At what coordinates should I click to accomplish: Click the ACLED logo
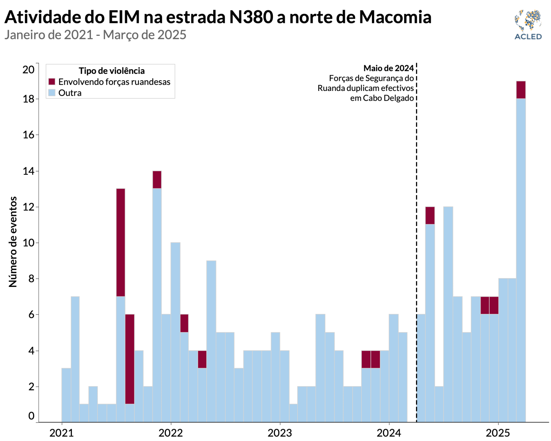click(528, 24)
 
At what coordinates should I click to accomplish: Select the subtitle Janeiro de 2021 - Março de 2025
click(95, 35)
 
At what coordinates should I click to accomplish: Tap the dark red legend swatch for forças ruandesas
click(52, 81)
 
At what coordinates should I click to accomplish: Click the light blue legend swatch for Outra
click(52, 92)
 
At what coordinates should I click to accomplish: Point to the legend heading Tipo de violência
click(111, 71)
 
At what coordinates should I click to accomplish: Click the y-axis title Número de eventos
click(13, 242)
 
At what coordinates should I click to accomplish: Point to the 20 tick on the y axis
click(28, 70)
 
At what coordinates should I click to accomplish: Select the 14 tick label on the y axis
click(28, 171)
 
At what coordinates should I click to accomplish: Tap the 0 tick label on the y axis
click(31, 416)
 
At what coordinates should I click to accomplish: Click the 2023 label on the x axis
click(280, 433)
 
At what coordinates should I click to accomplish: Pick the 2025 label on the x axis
click(498, 433)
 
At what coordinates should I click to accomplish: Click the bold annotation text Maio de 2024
click(388, 68)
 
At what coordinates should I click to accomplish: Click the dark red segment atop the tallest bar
click(521, 90)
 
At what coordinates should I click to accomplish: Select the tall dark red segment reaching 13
click(121, 242)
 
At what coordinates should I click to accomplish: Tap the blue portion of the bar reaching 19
click(521, 260)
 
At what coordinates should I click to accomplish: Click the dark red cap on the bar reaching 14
click(157, 179)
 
